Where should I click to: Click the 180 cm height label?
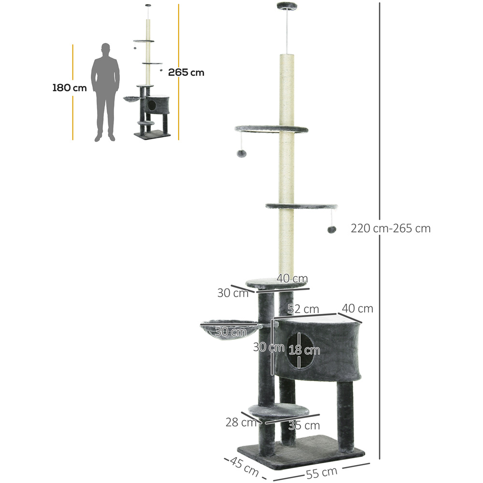69,88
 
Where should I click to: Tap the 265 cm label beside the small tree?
186,72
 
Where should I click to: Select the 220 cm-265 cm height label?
391,228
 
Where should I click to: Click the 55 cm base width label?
322,472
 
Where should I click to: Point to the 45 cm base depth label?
244,466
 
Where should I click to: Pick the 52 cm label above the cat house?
303,309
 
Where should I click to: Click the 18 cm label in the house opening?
304,350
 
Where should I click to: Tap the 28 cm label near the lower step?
241,422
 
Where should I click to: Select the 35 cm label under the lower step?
304,426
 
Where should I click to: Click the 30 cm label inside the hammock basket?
230,332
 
